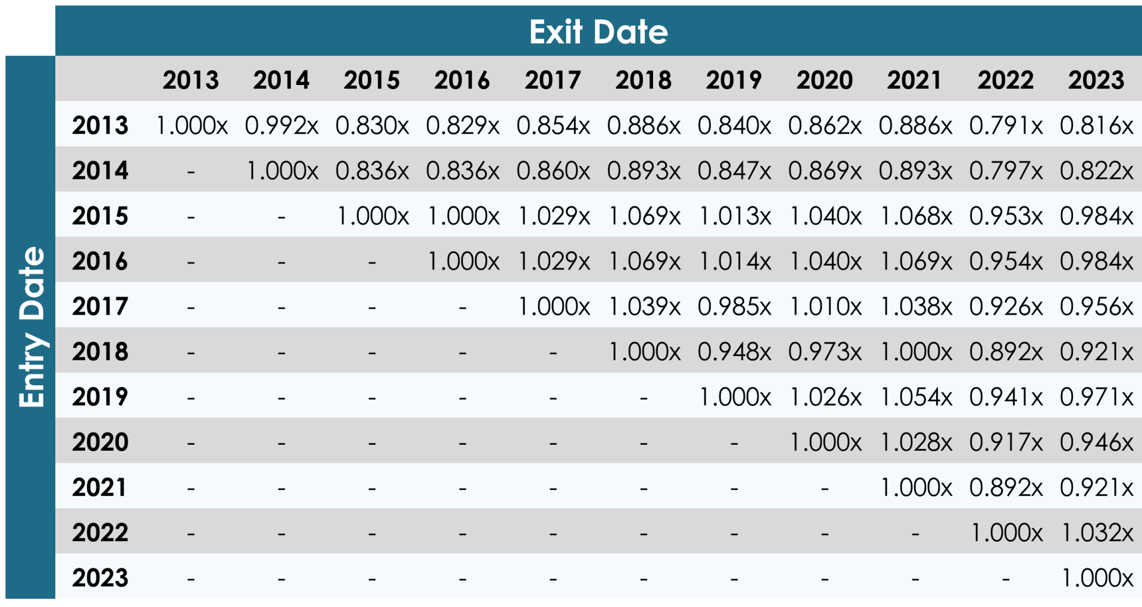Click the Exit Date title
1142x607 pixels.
tap(598, 32)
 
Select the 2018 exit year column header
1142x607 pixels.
tap(643, 80)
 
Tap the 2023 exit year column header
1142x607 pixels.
tap(1096, 80)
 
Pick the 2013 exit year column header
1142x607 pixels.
tap(190, 80)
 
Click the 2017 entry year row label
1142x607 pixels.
tap(100, 307)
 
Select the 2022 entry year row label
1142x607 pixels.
tap(100, 533)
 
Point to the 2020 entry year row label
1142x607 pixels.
tap(100, 442)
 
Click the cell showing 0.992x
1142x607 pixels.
tap(281, 125)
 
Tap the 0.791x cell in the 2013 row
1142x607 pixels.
tap(1005, 125)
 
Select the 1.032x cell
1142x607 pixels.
tap(1097, 533)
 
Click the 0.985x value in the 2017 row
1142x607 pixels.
tap(734, 307)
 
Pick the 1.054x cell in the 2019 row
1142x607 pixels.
tap(915, 397)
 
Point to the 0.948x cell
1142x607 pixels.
tap(734, 352)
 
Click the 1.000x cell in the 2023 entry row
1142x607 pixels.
tap(1097, 578)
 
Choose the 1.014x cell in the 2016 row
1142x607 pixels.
tap(734, 262)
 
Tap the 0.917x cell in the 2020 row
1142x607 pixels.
tap(1005, 442)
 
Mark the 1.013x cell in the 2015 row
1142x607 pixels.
tap(734, 216)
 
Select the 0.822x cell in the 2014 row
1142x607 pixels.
tap(1097, 171)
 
